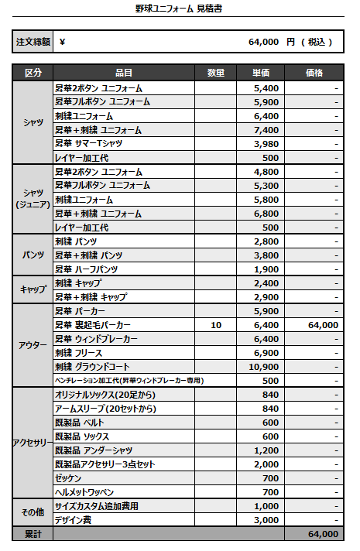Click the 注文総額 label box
point(33,42)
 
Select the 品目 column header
point(123,73)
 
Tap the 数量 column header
point(216,73)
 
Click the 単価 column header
point(261,73)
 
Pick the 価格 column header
point(314,73)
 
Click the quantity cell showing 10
point(216,325)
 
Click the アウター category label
point(33,346)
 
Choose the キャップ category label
point(33,289)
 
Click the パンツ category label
point(33,255)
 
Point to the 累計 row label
point(33,534)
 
